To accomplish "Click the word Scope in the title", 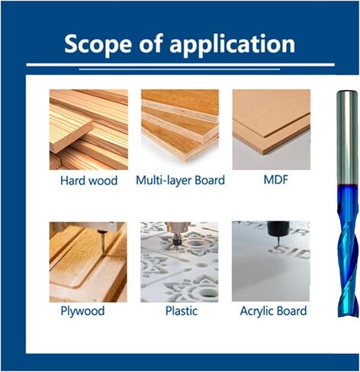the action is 98,44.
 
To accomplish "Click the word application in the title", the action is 233,44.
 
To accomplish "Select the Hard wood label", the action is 88,181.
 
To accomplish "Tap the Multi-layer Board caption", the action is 180,181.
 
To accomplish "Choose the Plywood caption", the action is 82,311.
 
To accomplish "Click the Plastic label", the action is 182,310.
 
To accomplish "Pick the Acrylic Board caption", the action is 273,311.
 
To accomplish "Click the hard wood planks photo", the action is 88,130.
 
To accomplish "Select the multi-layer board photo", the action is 180,126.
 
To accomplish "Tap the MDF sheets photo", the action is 272,130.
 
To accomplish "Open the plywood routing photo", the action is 88,262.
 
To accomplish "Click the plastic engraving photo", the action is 179,262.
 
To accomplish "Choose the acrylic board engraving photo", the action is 271,261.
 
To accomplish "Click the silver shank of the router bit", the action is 346,137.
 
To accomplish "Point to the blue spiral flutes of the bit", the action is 348,250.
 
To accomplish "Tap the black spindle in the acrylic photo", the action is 278,228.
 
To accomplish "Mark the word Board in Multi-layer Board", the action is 210,180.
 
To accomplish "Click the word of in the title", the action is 150,43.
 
